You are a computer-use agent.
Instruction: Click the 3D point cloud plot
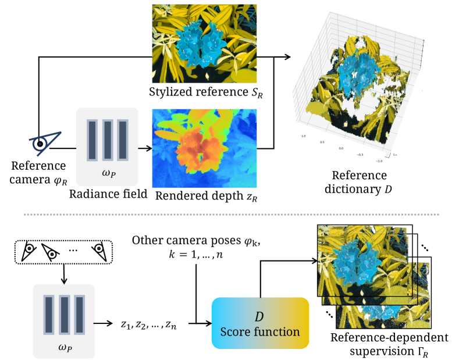tap(361, 93)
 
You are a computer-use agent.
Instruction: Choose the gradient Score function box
tap(260, 323)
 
